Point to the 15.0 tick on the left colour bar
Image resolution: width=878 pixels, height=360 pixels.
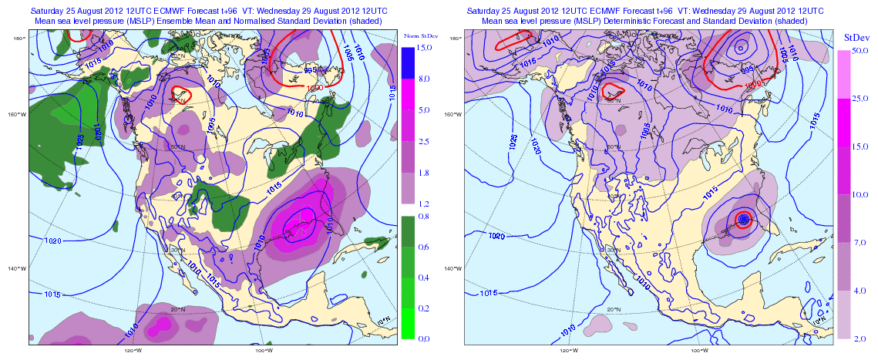tap(423, 48)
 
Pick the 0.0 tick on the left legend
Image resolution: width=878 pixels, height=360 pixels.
tap(422, 338)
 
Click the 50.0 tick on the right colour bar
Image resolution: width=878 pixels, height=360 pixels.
tap(860, 50)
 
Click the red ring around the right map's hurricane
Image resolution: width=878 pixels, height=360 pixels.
tap(743, 220)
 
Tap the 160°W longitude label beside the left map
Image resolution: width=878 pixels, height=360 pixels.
tap(15, 116)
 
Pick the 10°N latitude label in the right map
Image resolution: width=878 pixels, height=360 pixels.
tap(817, 318)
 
